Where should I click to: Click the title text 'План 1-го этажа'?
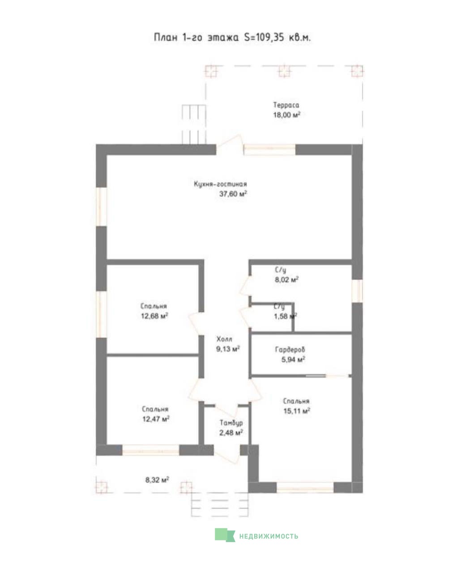(x=196, y=37)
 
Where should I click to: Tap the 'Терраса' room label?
(x=286, y=105)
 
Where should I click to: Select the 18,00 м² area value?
(x=286, y=115)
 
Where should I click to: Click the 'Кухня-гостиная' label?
(x=220, y=184)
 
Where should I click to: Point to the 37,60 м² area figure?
(x=233, y=194)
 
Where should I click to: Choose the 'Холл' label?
(x=224, y=339)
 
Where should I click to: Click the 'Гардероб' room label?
(x=290, y=350)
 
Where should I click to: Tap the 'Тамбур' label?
(x=231, y=423)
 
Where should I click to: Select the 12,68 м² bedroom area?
(x=154, y=316)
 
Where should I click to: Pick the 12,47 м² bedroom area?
(x=156, y=419)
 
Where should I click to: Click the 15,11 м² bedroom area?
(x=297, y=411)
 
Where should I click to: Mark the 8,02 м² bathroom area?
(x=286, y=280)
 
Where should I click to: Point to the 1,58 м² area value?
(x=285, y=316)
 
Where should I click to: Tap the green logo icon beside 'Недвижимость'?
(x=225, y=535)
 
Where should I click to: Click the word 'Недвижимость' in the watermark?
(x=269, y=536)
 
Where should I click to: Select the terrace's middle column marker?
(x=284, y=71)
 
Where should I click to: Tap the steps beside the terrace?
(x=193, y=124)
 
